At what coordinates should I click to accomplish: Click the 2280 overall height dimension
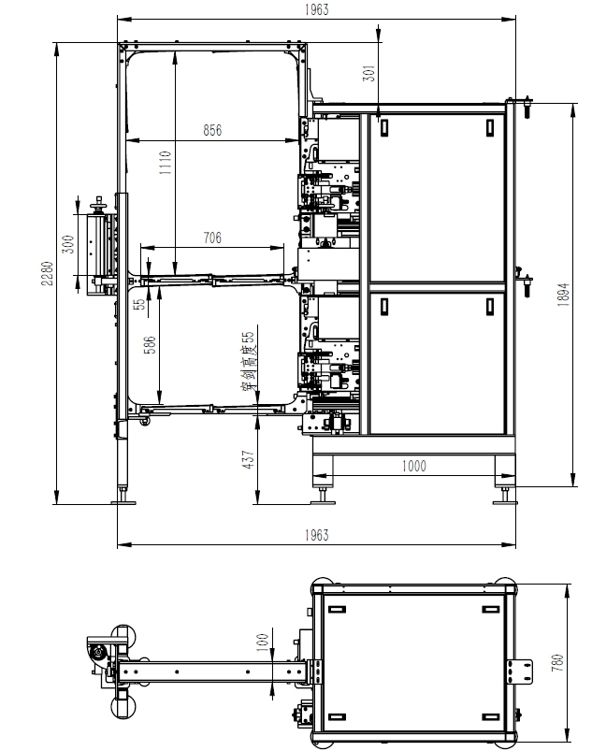47,273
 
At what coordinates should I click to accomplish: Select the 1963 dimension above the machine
317,9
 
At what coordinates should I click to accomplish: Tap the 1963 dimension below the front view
317,535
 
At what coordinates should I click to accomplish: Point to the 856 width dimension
212,130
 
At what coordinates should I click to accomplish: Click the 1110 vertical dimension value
166,163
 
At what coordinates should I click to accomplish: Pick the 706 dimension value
212,238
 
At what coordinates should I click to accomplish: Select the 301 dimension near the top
369,73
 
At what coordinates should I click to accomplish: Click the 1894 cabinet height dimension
563,295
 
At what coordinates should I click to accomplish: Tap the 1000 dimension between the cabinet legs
413,466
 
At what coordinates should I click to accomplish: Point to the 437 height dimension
248,459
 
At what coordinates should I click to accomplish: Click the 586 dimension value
150,345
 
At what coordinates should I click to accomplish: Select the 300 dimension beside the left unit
69,244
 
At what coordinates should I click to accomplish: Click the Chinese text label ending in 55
249,361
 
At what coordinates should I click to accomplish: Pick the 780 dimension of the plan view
557,662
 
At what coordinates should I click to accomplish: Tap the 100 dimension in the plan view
262,643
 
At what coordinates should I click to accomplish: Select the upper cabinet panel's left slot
384,128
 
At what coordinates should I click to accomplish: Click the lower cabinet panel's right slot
490,307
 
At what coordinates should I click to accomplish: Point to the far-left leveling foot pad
123,502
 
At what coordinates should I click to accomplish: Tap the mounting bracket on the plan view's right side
520,672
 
